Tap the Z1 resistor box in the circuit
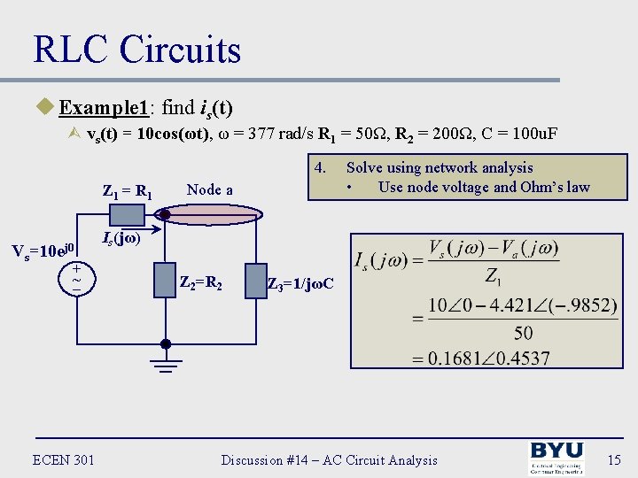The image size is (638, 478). [126, 214]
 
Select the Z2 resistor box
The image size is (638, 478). [165, 281]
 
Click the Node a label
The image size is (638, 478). [210, 189]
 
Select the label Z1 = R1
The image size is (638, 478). [128, 189]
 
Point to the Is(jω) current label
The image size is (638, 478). [121, 238]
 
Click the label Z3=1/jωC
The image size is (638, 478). [300, 284]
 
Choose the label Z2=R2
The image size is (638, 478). [200, 284]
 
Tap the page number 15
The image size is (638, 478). [612, 459]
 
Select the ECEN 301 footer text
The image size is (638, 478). [64, 459]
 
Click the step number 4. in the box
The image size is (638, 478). [321, 166]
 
